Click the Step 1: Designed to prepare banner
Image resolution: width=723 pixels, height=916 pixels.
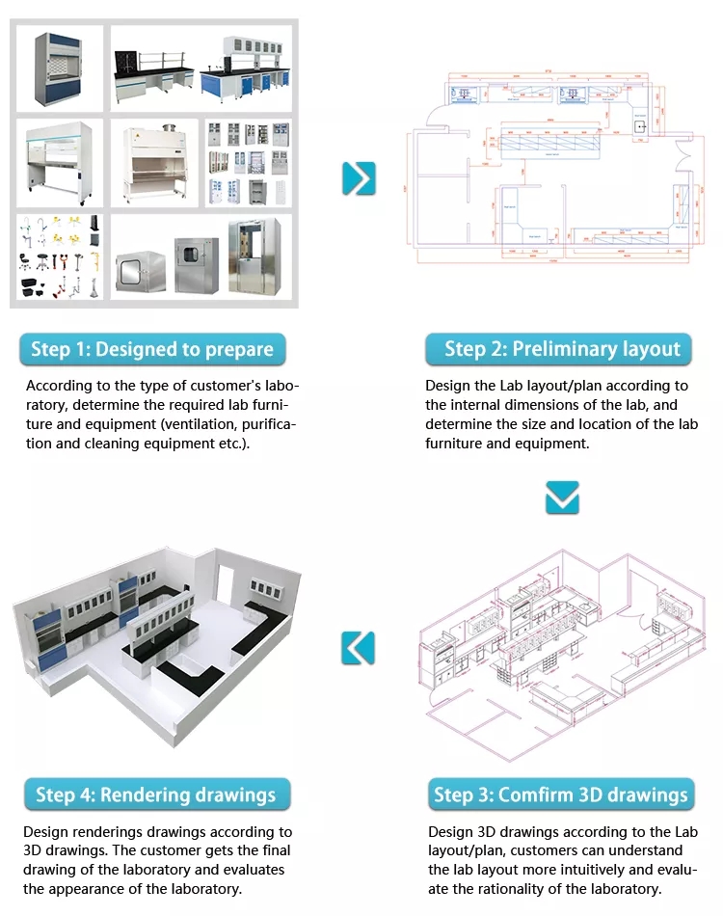pos(152,349)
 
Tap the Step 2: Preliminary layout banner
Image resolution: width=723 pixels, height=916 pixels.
pos(562,349)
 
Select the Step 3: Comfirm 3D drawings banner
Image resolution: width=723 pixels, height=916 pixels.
pos(561,795)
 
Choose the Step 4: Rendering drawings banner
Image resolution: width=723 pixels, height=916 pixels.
pos(156,795)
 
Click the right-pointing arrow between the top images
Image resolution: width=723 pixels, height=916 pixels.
pos(359,178)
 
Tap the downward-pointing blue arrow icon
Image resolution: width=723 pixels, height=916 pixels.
pos(562,498)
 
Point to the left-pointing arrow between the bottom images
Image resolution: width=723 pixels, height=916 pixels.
pos(358,647)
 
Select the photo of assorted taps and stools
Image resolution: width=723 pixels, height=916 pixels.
pos(60,256)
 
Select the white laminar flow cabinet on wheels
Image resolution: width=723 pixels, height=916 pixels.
pos(60,162)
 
